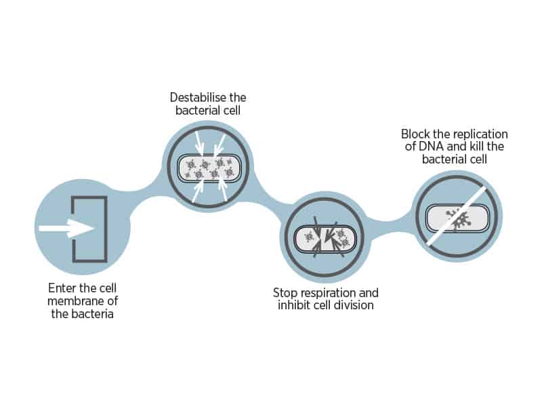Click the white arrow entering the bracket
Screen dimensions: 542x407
[x=66, y=229]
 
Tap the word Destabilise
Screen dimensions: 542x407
[x=198, y=97]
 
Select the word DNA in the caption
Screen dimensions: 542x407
[x=431, y=147]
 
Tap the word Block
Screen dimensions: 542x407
[x=415, y=134]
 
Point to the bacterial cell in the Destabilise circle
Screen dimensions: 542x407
[x=209, y=168]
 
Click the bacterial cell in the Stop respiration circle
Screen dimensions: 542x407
[x=325, y=239]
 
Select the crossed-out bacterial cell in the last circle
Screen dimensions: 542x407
[x=457, y=218]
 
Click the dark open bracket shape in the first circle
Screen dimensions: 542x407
[x=89, y=229]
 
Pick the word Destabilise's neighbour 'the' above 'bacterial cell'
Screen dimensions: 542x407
[x=238, y=97]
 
